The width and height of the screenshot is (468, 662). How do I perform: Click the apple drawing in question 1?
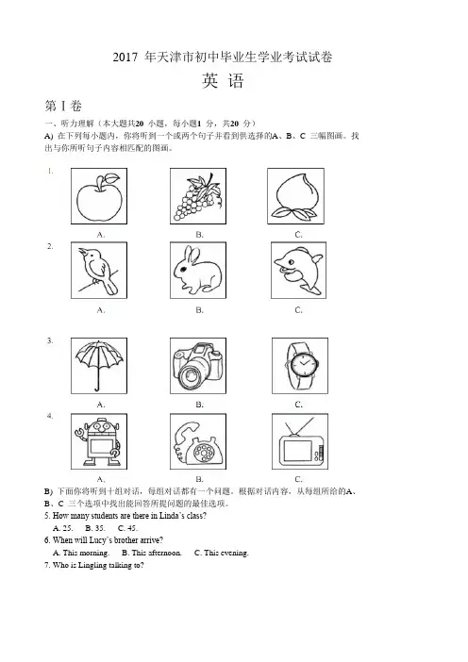[99, 197]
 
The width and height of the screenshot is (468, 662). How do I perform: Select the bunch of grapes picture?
[198, 197]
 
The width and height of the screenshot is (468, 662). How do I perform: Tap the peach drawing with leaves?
[296, 197]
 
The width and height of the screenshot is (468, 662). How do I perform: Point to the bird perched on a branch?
[99, 271]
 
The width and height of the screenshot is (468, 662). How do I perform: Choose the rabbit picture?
[198, 271]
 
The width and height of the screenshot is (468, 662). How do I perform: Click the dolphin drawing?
[298, 271]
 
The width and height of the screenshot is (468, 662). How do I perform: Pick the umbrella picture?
[99, 365]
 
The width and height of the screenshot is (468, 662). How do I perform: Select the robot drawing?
[99, 441]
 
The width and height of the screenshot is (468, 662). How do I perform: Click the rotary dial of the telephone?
[206, 452]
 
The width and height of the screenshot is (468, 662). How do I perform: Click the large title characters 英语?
[223, 81]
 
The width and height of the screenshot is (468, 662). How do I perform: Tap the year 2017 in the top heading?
[125, 58]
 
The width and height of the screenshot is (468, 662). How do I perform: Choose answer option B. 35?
[95, 528]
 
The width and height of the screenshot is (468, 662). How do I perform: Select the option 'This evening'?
[226, 553]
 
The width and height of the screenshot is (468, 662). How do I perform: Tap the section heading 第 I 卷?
[63, 106]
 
